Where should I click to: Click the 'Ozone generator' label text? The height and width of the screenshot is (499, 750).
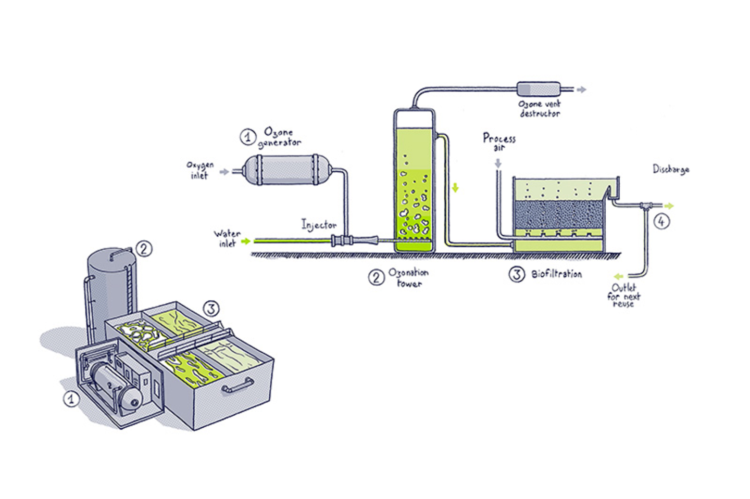pos(280,137)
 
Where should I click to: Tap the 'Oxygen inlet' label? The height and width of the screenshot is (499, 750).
pos(200,170)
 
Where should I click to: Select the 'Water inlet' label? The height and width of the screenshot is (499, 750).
pos(227,238)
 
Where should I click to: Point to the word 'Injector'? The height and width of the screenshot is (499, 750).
pos(319,225)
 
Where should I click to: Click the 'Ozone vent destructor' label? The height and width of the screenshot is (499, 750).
pos(540,109)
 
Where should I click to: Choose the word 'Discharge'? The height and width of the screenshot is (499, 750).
pos(671,170)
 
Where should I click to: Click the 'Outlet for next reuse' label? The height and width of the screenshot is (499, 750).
pos(624,295)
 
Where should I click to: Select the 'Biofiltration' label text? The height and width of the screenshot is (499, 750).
pos(556,274)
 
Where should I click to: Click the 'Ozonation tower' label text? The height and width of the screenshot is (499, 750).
pos(409,277)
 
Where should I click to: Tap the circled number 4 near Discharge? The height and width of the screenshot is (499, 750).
pos(661,222)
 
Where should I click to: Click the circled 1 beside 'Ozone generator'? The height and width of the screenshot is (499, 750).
pos(248,137)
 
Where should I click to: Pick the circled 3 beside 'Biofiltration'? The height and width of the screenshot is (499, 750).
pos(516,274)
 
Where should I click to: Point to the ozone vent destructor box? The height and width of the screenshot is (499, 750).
pos(539,89)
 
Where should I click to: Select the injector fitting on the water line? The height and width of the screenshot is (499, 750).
pos(354,240)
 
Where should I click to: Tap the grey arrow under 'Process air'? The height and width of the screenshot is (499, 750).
pos(498,163)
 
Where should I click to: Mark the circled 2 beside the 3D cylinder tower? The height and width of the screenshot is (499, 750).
pos(144,249)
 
